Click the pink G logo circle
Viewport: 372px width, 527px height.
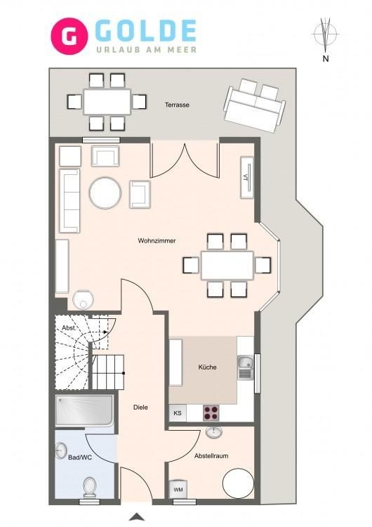coord(69,36)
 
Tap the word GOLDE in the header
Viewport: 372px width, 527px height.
coord(146,31)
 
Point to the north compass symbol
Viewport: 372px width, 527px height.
coord(325,34)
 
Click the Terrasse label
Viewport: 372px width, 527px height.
coord(177,105)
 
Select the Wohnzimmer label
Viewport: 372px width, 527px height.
coord(157,241)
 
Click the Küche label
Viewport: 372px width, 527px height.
coord(208,367)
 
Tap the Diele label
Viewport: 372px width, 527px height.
coord(140,408)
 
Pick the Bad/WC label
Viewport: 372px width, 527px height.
coord(80,457)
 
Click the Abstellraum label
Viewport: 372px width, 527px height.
coord(211,456)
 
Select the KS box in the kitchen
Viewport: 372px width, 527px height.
coord(178,412)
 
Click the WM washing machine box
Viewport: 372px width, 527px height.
coord(178,490)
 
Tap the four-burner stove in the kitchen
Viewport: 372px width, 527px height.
coord(211,412)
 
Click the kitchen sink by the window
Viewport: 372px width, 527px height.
coord(246,367)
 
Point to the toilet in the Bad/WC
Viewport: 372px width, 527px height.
coord(90,487)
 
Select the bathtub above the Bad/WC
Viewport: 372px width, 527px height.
coord(84,411)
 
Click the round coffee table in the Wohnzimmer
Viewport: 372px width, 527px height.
coord(105,193)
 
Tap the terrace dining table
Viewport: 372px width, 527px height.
coord(107,102)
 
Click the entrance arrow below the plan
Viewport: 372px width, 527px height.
coord(137,516)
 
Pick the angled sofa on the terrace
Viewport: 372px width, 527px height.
coord(255,105)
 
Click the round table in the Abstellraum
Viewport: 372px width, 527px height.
coord(239,483)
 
